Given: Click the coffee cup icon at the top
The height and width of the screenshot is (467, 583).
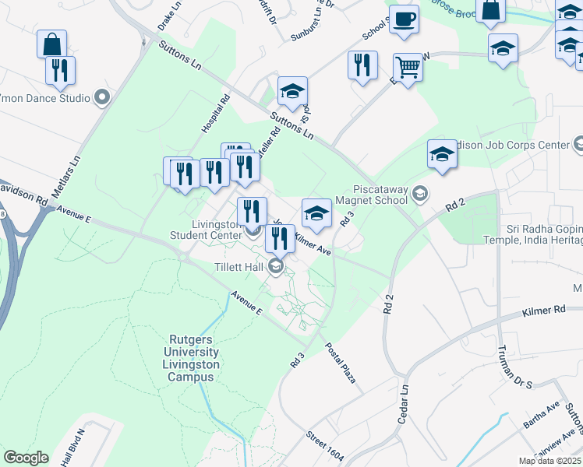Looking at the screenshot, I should point(404,19).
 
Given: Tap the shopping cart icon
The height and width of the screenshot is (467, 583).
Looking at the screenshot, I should point(408,68).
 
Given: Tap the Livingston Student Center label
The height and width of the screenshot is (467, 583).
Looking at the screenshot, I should point(205,230).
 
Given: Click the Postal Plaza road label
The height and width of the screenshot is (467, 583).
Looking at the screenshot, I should point(341,363).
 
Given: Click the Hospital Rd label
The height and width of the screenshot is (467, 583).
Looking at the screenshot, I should point(217,114).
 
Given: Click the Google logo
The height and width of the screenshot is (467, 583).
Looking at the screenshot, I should point(26,458).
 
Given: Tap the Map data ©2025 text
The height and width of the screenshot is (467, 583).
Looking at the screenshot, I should point(550,461).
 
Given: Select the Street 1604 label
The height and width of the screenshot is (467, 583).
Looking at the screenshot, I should point(325,446).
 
